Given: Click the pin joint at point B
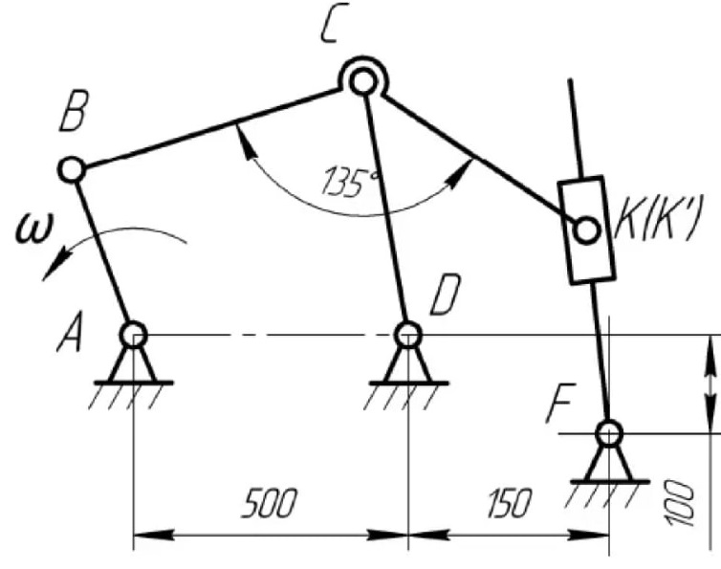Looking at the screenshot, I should pos(72,170).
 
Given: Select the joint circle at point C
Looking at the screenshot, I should pos(361,81).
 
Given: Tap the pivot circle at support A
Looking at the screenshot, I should pos(133,335).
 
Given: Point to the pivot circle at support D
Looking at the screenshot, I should pos(408,335).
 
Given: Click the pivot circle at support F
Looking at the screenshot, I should pos(608,433).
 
